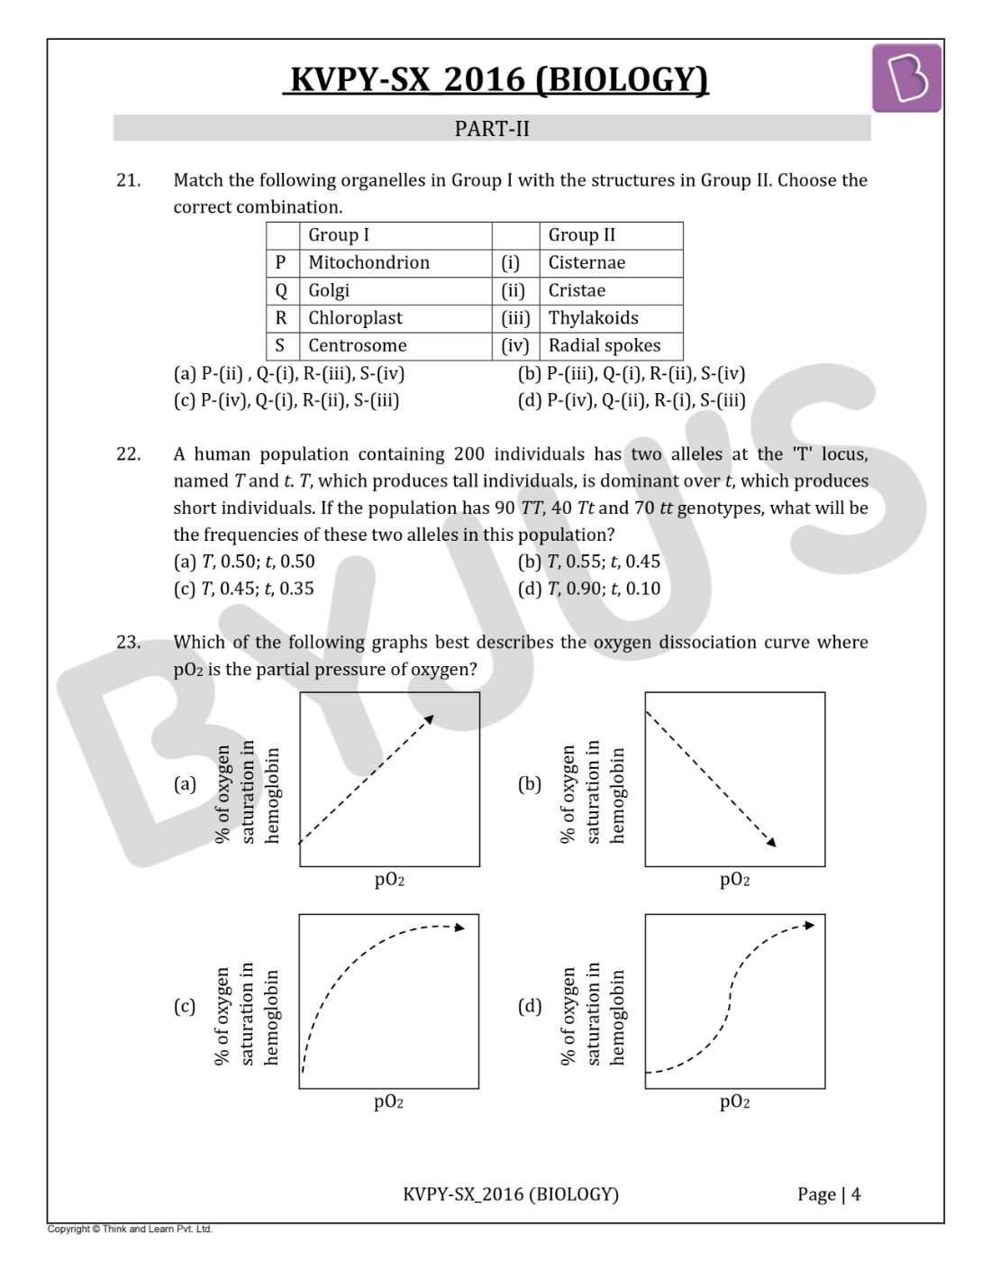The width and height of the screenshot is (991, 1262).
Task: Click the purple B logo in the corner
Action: [906, 78]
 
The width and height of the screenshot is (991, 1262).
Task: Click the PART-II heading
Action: [492, 129]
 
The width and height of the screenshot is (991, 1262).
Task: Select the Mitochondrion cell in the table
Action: [368, 262]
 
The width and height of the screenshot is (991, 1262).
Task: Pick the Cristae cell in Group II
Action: [577, 290]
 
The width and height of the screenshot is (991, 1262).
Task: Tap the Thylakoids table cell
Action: [593, 318]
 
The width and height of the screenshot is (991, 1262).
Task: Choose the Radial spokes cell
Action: [604, 345]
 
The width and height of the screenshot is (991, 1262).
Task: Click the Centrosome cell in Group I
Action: [357, 345]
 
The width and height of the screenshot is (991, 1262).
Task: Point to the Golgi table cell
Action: [329, 290]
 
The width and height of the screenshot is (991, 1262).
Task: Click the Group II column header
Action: [582, 235]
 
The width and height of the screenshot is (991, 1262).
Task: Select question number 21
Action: [128, 180]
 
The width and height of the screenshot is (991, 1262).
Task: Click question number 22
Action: [128, 454]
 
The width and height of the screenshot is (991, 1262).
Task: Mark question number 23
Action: [128, 643]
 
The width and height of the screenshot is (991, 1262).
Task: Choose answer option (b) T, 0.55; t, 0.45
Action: [589, 562]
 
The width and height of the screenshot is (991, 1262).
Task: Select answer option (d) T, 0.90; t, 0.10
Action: [589, 589]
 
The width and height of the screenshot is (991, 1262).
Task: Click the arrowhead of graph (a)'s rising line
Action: [430, 719]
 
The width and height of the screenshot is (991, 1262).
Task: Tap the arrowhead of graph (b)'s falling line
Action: [770, 842]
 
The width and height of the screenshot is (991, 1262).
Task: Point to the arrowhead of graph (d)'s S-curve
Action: [810, 925]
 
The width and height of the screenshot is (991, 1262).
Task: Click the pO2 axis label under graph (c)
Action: [388, 1102]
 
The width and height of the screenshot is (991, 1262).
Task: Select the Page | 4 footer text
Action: [829, 1194]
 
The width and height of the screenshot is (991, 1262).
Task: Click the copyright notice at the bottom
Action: [130, 1229]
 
